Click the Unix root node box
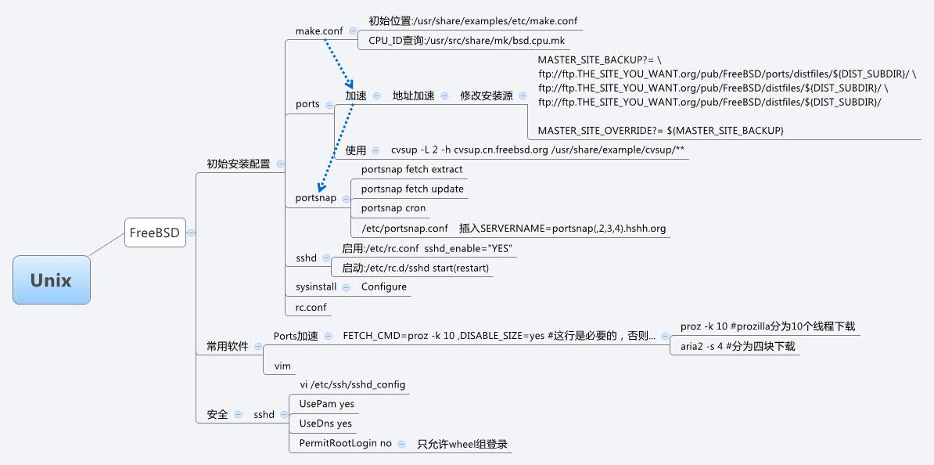52,280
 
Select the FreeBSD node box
155,232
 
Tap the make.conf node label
319,31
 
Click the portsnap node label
316,198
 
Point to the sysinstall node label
316,287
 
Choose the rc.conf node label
311,308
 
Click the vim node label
282,366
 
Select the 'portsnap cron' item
393,208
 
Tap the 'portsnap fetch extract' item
411,169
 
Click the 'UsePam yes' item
326,404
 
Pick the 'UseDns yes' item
325,424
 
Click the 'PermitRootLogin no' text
345,443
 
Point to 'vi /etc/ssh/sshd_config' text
353,384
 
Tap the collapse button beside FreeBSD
192,232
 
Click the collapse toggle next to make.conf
353,31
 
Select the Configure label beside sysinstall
383,287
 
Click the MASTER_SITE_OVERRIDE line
660,129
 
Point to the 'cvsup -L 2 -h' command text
538,150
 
